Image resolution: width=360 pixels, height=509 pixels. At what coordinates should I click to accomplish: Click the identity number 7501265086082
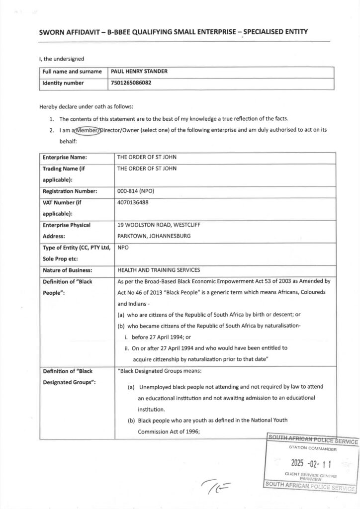coord(131,83)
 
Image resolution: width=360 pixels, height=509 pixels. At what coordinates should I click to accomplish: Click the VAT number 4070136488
coord(133,202)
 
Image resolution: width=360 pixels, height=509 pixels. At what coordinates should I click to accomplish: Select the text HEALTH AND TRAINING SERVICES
coord(159,270)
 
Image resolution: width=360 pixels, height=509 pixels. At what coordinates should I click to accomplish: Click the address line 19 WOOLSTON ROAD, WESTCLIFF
coord(159,225)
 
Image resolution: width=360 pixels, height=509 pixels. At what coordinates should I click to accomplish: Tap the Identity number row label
coord(63,83)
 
